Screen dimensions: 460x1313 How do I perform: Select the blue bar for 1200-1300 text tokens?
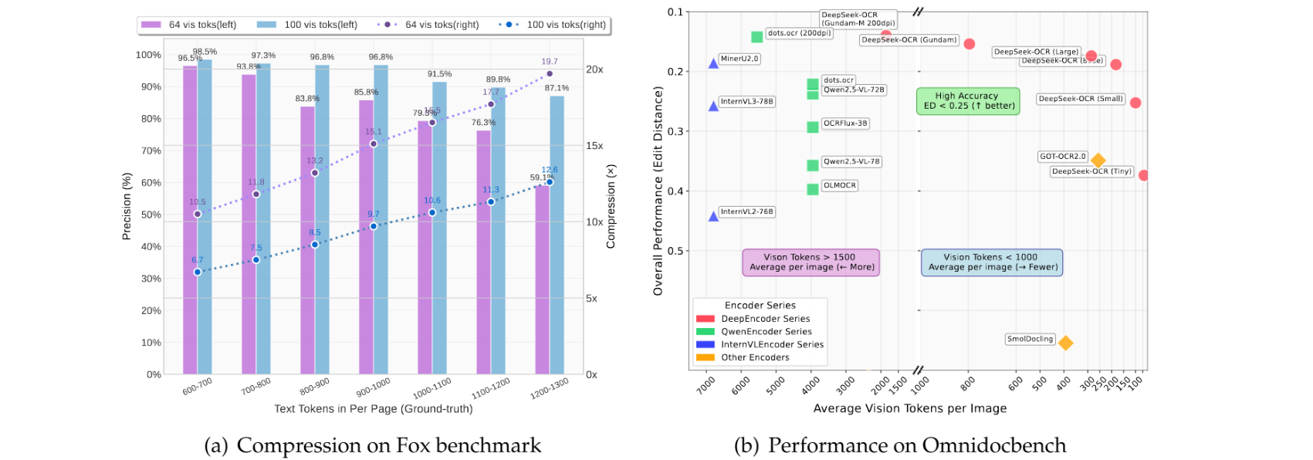pos(557,235)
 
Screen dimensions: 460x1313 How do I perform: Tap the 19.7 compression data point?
pos(550,74)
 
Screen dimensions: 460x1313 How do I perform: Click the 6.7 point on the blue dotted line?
pos(198,272)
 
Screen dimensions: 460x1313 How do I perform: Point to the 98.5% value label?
pos(205,52)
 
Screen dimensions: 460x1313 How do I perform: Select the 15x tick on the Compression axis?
pos(594,145)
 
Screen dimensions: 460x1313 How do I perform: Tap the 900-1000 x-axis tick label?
pos(374,386)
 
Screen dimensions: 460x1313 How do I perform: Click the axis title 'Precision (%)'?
pos(127,206)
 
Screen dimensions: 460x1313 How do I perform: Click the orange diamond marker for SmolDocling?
pos(1065,343)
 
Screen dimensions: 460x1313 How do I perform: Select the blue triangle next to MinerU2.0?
pos(713,63)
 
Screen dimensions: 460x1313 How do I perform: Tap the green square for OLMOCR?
pos(813,189)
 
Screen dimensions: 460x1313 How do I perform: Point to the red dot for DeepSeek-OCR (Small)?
pos(1135,103)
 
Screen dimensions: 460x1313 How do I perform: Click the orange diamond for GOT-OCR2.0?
pos(1098,161)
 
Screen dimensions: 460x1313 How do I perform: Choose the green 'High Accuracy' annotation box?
pos(968,101)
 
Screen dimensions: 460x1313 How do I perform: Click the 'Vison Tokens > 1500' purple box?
pos(810,262)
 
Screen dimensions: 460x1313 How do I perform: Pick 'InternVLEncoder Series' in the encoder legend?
pos(772,344)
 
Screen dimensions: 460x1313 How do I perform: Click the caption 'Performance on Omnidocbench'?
pos(917,445)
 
